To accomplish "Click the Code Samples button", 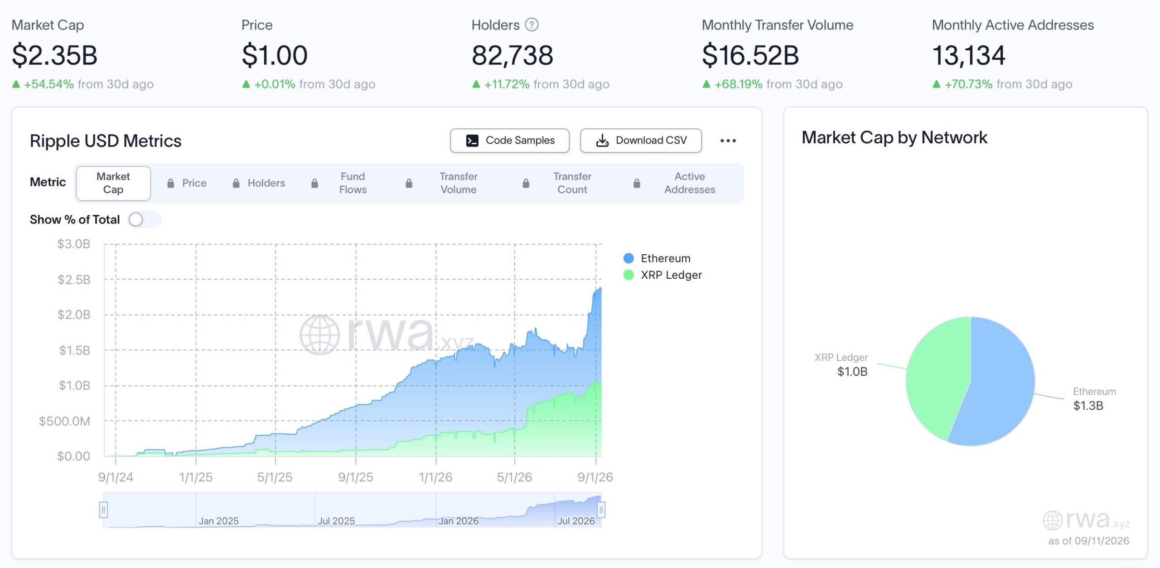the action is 509,141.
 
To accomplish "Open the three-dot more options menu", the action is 728,141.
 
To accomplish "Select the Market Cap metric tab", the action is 113,183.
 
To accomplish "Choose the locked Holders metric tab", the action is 259,183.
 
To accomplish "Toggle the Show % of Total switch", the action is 145,220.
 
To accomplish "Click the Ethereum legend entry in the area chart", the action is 657,258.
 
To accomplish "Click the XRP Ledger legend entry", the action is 662,275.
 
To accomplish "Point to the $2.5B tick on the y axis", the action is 74,280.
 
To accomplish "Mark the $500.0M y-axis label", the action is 64,422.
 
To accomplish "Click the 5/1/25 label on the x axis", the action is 275,477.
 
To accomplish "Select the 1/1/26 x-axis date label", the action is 435,477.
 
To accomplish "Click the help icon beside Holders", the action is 532,24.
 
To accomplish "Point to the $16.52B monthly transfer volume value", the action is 750,55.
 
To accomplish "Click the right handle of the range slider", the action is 601,510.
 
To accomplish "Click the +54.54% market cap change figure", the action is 49,84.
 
